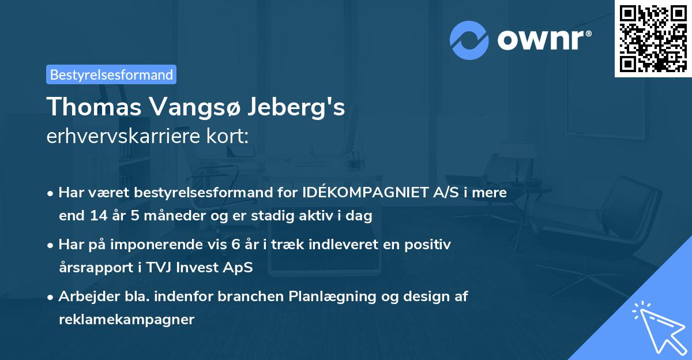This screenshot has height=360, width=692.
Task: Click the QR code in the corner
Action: pos(653,38)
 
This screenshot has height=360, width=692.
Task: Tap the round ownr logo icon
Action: pos(469,40)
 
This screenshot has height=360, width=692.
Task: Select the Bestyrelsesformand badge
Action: pos(111,74)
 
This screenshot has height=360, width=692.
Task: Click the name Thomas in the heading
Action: pos(92,107)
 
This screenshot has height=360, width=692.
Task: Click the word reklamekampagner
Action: pos(126,320)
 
